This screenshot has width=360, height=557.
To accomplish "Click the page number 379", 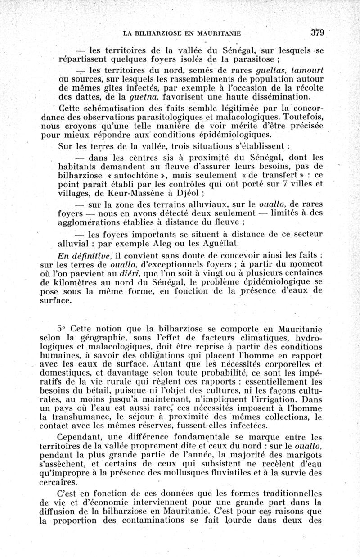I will [x=317, y=32].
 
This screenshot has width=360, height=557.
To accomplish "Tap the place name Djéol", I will [x=190, y=194].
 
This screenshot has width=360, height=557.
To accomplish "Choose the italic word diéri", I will [x=135, y=273].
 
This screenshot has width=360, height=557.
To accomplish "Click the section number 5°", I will [x=62, y=329].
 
